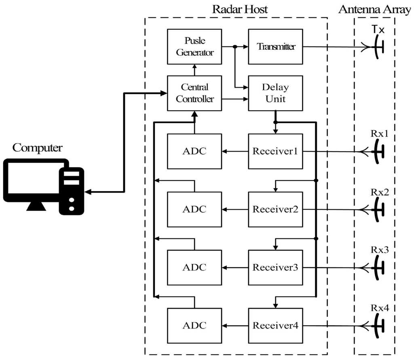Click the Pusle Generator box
[x=194, y=46]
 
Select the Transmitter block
[x=275, y=46]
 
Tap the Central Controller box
[x=194, y=93]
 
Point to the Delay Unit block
[x=275, y=93]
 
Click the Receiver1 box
[x=275, y=151]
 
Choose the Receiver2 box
[x=275, y=209]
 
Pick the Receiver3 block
[x=275, y=267]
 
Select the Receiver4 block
[x=275, y=326]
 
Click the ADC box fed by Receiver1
[x=194, y=151]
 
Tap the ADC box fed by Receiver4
[x=194, y=326]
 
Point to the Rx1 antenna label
[x=380, y=134]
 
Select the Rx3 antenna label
[x=380, y=250]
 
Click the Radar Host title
[x=240, y=9]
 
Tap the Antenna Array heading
[x=374, y=9]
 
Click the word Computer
[x=37, y=148]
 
